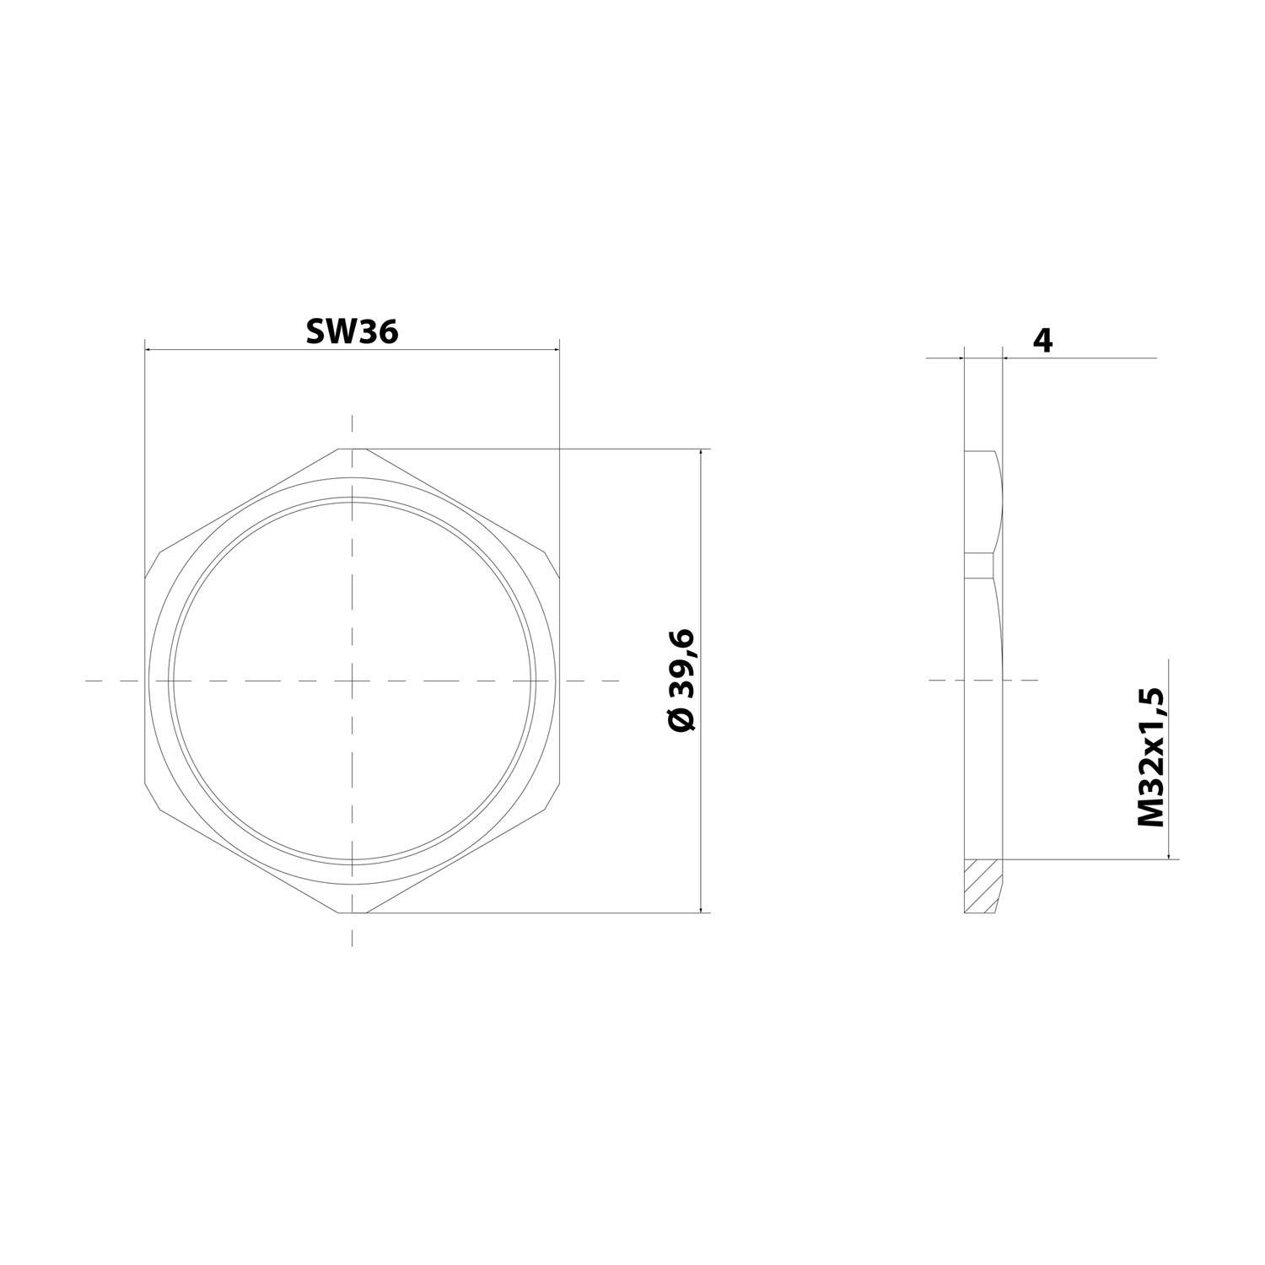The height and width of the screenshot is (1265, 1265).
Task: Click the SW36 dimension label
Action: coord(352,331)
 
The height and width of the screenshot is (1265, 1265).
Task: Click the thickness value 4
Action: coord(1043,340)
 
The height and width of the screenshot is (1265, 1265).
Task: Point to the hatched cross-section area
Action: coord(982,885)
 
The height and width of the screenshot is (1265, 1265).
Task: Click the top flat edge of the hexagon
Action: coord(353,449)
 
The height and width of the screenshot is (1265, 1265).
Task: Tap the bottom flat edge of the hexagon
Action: coord(353,912)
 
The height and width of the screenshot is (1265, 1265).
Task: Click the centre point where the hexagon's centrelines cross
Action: coord(353,680)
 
